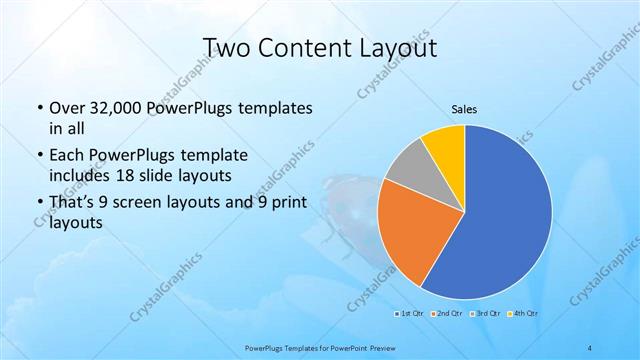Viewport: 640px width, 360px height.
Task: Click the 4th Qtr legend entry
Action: click(x=522, y=314)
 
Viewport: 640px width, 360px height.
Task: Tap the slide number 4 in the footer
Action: click(x=590, y=347)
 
